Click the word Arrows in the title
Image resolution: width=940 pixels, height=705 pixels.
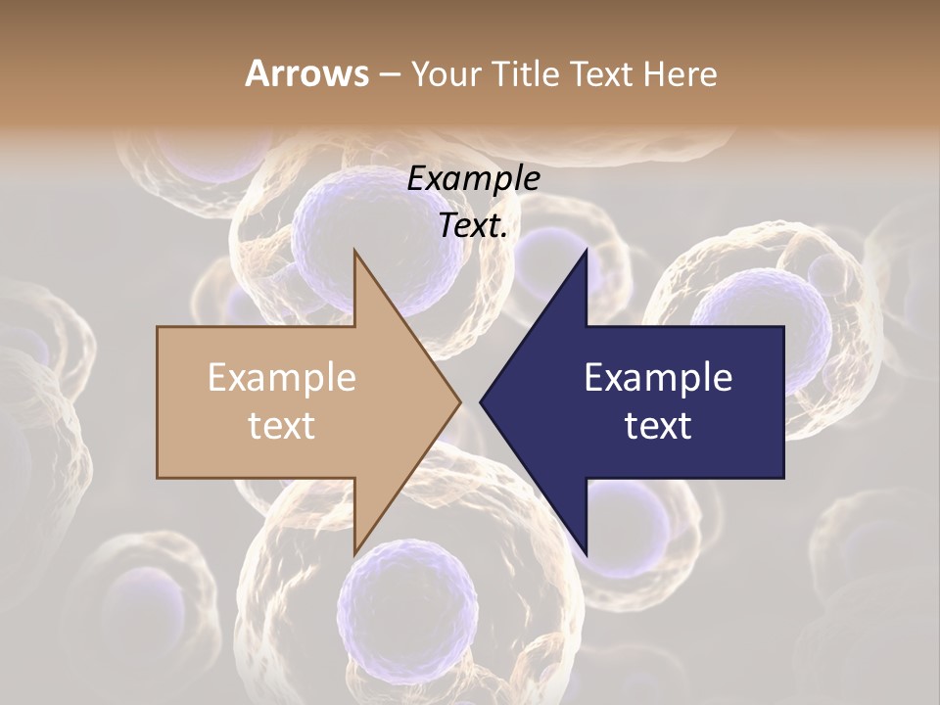point(307,73)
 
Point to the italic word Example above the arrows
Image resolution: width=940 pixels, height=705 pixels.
point(473,179)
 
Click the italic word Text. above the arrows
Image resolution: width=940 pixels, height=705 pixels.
point(473,226)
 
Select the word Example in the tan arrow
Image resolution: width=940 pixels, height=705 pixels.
point(282,378)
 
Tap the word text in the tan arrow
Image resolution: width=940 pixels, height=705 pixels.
point(282,426)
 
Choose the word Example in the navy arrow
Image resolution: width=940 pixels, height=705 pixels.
point(658,378)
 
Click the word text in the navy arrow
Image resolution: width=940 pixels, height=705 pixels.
point(658,426)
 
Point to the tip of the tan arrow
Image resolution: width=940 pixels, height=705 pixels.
point(459,401)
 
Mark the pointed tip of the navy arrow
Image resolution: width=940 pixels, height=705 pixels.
point(481,401)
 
